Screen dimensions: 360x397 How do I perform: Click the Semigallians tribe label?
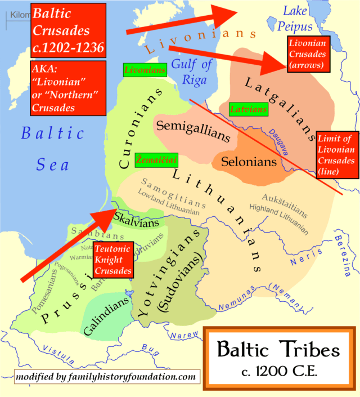(x=192, y=131)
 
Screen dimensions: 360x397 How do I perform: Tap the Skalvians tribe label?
(x=137, y=217)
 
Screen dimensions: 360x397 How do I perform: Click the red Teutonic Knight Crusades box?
(x=113, y=258)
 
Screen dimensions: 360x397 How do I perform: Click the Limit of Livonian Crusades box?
(x=336, y=155)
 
